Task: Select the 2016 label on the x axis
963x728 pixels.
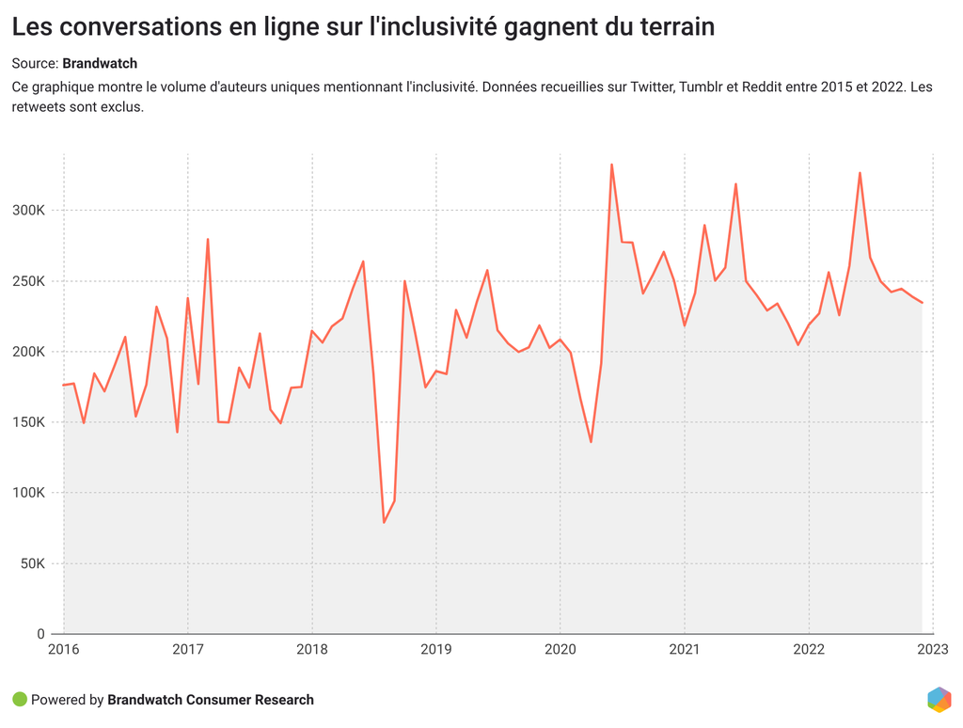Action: tap(63, 649)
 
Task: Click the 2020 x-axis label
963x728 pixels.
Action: tap(560, 649)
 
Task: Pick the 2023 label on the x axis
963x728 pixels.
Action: tap(932, 649)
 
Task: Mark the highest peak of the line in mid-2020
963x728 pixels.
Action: tap(611, 165)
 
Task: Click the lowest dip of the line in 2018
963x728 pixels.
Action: tap(384, 522)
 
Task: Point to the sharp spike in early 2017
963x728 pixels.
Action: tap(207, 239)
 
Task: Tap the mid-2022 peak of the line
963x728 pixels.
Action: tap(860, 172)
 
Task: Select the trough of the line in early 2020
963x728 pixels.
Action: tap(591, 442)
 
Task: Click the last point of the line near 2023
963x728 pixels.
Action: tap(922, 303)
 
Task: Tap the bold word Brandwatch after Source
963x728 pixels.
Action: tap(100, 64)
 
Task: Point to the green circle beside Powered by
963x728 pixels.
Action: tap(20, 700)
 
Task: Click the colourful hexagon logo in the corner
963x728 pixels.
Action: tap(939, 700)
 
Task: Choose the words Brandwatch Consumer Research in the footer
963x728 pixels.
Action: tap(211, 700)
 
